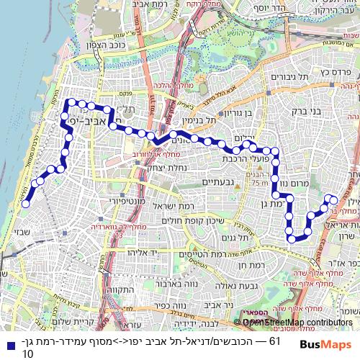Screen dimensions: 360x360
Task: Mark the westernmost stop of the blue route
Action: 26,204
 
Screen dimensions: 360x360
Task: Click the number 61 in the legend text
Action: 274,341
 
